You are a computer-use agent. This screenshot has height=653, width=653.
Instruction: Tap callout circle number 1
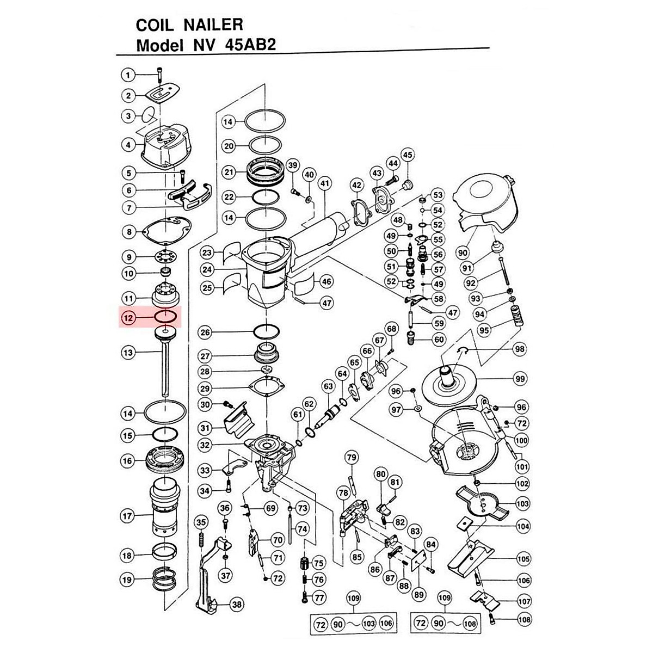[128, 75]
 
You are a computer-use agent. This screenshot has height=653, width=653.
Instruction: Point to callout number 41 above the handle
[325, 183]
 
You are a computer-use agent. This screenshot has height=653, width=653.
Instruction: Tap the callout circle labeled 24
[206, 269]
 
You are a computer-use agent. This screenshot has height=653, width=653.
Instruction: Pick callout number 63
[328, 387]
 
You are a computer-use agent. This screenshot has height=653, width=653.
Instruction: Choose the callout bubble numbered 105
[523, 558]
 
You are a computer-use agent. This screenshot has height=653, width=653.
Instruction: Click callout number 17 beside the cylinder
[128, 515]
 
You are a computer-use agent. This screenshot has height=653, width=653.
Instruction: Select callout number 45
[407, 156]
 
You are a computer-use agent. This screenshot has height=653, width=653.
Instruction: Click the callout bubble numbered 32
[205, 445]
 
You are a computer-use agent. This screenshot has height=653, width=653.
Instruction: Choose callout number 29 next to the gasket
[205, 389]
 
